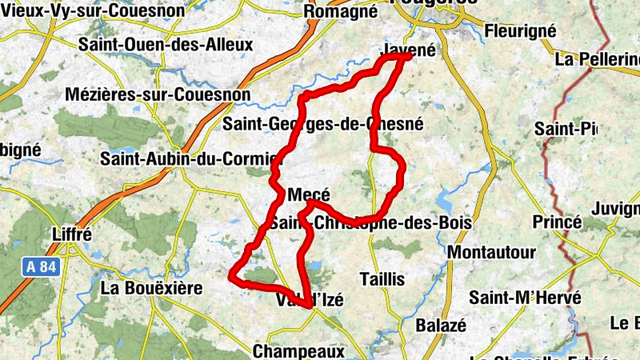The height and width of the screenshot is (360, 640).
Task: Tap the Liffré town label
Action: coord(71,235)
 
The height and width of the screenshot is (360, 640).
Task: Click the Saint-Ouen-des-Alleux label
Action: coord(166,45)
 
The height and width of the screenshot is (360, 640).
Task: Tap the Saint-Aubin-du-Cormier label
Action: coord(187,158)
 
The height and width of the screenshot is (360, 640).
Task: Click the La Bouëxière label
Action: coord(153,286)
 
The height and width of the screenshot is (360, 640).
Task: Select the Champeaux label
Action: coord(298,350)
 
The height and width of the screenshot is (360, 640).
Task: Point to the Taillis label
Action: coord(382,279)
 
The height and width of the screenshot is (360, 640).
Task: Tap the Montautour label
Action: coord(492,253)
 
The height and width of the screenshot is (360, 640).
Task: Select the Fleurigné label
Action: coord(520,31)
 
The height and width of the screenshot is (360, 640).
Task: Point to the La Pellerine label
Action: coord(597,59)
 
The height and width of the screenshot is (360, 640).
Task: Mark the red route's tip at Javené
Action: coord(409,56)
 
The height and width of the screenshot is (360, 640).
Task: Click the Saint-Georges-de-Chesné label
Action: coord(323,124)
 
